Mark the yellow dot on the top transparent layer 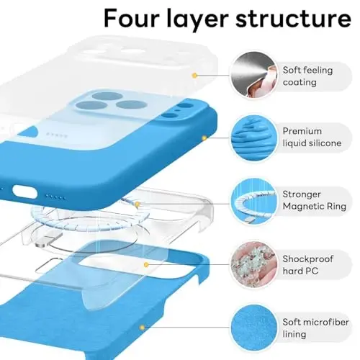[194, 74]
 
